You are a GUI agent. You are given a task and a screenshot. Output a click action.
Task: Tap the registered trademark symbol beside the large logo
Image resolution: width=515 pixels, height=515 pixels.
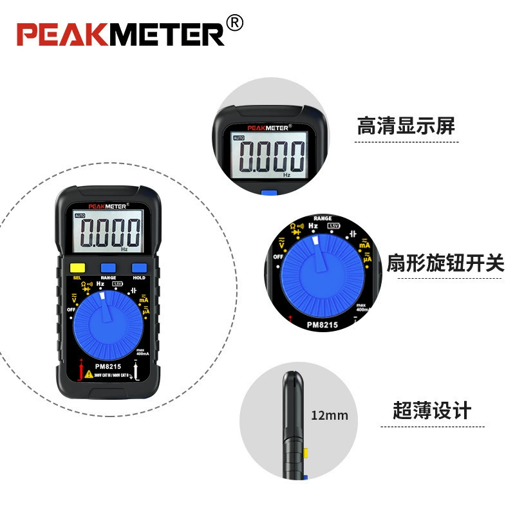coord(235,24)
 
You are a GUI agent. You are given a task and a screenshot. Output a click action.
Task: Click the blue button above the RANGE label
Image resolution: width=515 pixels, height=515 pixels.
coord(108,268)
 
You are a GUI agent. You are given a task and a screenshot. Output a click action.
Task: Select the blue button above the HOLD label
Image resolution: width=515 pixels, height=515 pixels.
coord(139,268)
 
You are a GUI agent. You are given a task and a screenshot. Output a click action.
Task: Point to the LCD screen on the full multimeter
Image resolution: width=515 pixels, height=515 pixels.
coord(108,232)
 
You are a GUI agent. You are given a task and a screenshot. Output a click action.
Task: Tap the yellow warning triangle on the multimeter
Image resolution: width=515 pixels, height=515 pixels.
coord(88,373)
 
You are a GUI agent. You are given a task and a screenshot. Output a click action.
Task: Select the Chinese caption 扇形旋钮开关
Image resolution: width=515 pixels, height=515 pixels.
coord(445,263)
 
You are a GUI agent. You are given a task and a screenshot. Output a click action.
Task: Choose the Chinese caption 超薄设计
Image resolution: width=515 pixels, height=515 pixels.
coord(432,410)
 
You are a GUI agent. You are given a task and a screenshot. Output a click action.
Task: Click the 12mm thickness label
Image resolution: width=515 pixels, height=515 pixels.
coord(329,415)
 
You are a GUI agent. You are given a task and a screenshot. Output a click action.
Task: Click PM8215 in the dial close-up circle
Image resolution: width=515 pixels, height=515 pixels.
coord(322,325)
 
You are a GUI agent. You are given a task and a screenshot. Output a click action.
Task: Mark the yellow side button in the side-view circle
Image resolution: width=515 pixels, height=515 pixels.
coord(305,453)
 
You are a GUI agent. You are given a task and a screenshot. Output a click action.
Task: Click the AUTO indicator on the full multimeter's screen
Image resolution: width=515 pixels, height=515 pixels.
coord(80,216)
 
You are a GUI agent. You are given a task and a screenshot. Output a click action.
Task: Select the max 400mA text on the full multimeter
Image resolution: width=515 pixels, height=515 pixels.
coord(142,352)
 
